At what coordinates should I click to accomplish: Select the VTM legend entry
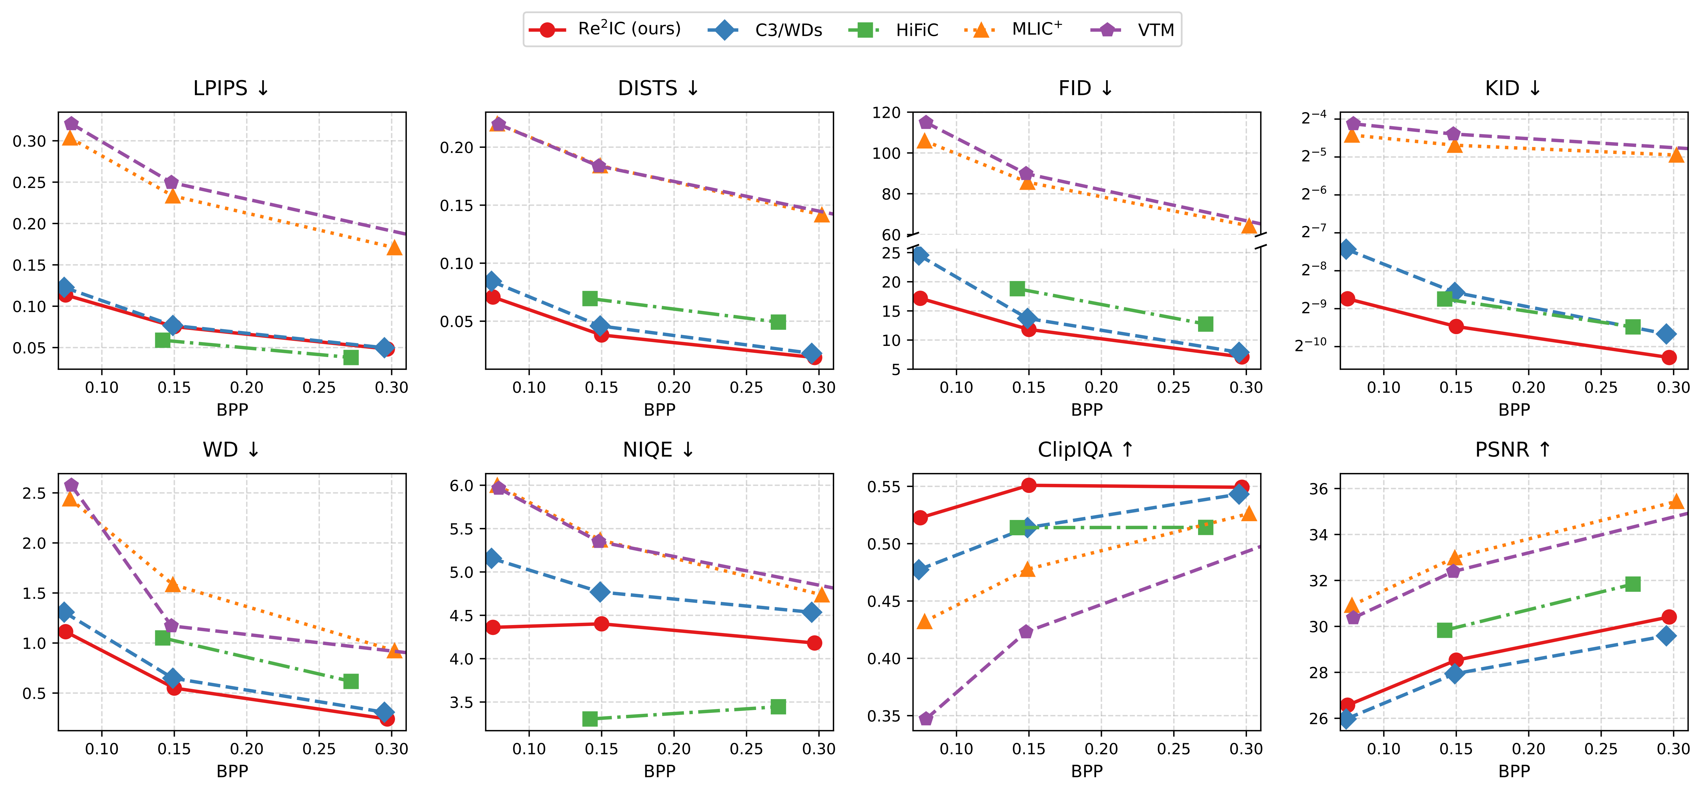1132,30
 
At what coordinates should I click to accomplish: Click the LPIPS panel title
231,88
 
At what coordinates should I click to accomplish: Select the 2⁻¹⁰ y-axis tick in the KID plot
1310,345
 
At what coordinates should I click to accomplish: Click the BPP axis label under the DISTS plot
659,410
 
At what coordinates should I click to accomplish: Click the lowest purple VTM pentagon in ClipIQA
925,718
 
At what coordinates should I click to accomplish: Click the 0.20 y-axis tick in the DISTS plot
457,147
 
